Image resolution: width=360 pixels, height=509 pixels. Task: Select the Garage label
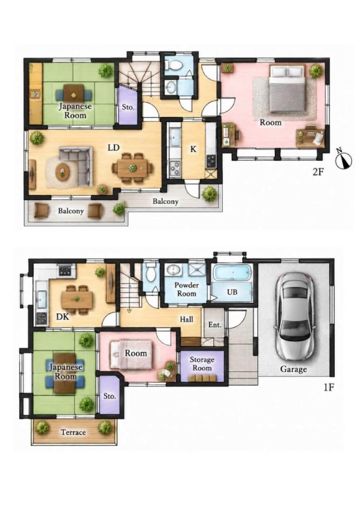tap(293, 369)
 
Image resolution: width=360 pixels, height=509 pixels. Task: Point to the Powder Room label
tap(186, 289)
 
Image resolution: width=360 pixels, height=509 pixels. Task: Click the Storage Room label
tap(202, 364)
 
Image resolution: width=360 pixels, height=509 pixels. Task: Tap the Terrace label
tap(73, 432)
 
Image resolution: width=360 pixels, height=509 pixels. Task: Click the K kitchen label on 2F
tap(193, 149)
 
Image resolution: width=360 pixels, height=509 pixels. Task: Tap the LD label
tap(113, 148)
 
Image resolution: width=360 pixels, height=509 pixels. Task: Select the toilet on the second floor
tap(174, 65)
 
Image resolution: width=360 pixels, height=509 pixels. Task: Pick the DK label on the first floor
tap(63, 316)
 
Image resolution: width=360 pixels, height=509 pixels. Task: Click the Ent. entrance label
tap(215, 325)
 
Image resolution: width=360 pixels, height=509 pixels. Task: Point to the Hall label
tap(186, 319)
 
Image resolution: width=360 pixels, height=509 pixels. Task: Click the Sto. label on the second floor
tap(128, 107)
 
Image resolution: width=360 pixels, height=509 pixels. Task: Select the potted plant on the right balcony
tap(209, 194)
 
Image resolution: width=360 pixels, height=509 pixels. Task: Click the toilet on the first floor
tap(150, 273)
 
